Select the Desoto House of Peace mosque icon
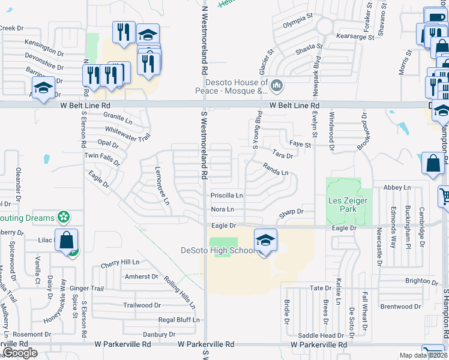[x=277, y=87]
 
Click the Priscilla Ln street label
[x=226, y=196]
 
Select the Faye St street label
[x=300, y=145]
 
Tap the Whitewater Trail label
[x=127, y=133]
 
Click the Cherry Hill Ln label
[x=120, y=263]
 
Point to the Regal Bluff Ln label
[x=178, y=320]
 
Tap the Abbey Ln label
[x=396, y=188]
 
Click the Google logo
[x=20, y=353]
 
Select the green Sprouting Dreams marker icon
[x=63, y=217]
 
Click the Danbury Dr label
[x=158, y=334]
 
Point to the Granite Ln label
[x=117, y=118]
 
